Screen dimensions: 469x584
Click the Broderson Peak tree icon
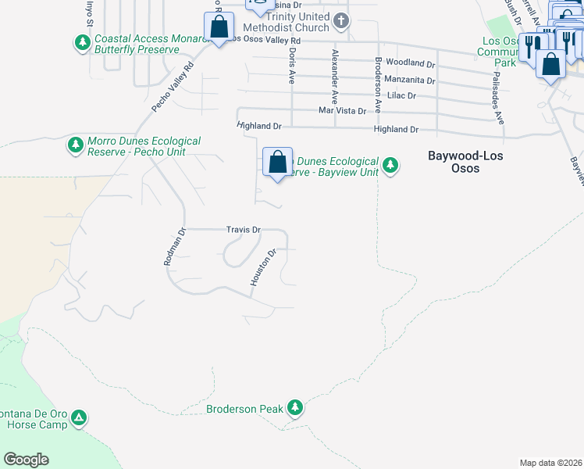294,407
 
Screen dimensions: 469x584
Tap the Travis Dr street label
243,230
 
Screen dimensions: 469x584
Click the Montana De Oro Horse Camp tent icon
79,418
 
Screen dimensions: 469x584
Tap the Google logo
26,460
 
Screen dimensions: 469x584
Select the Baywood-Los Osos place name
465,163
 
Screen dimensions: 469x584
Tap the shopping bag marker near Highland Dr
277,163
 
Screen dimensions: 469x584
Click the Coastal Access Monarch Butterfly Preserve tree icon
81,42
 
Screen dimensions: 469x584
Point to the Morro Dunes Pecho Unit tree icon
75,145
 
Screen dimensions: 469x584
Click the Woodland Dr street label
410,63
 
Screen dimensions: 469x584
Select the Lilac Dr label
401,95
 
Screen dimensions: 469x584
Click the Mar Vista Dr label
342,111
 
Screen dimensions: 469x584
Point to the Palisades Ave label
497,96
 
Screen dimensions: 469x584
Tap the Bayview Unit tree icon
390,166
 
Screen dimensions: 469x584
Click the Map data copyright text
550,463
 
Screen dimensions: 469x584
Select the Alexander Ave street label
334,77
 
